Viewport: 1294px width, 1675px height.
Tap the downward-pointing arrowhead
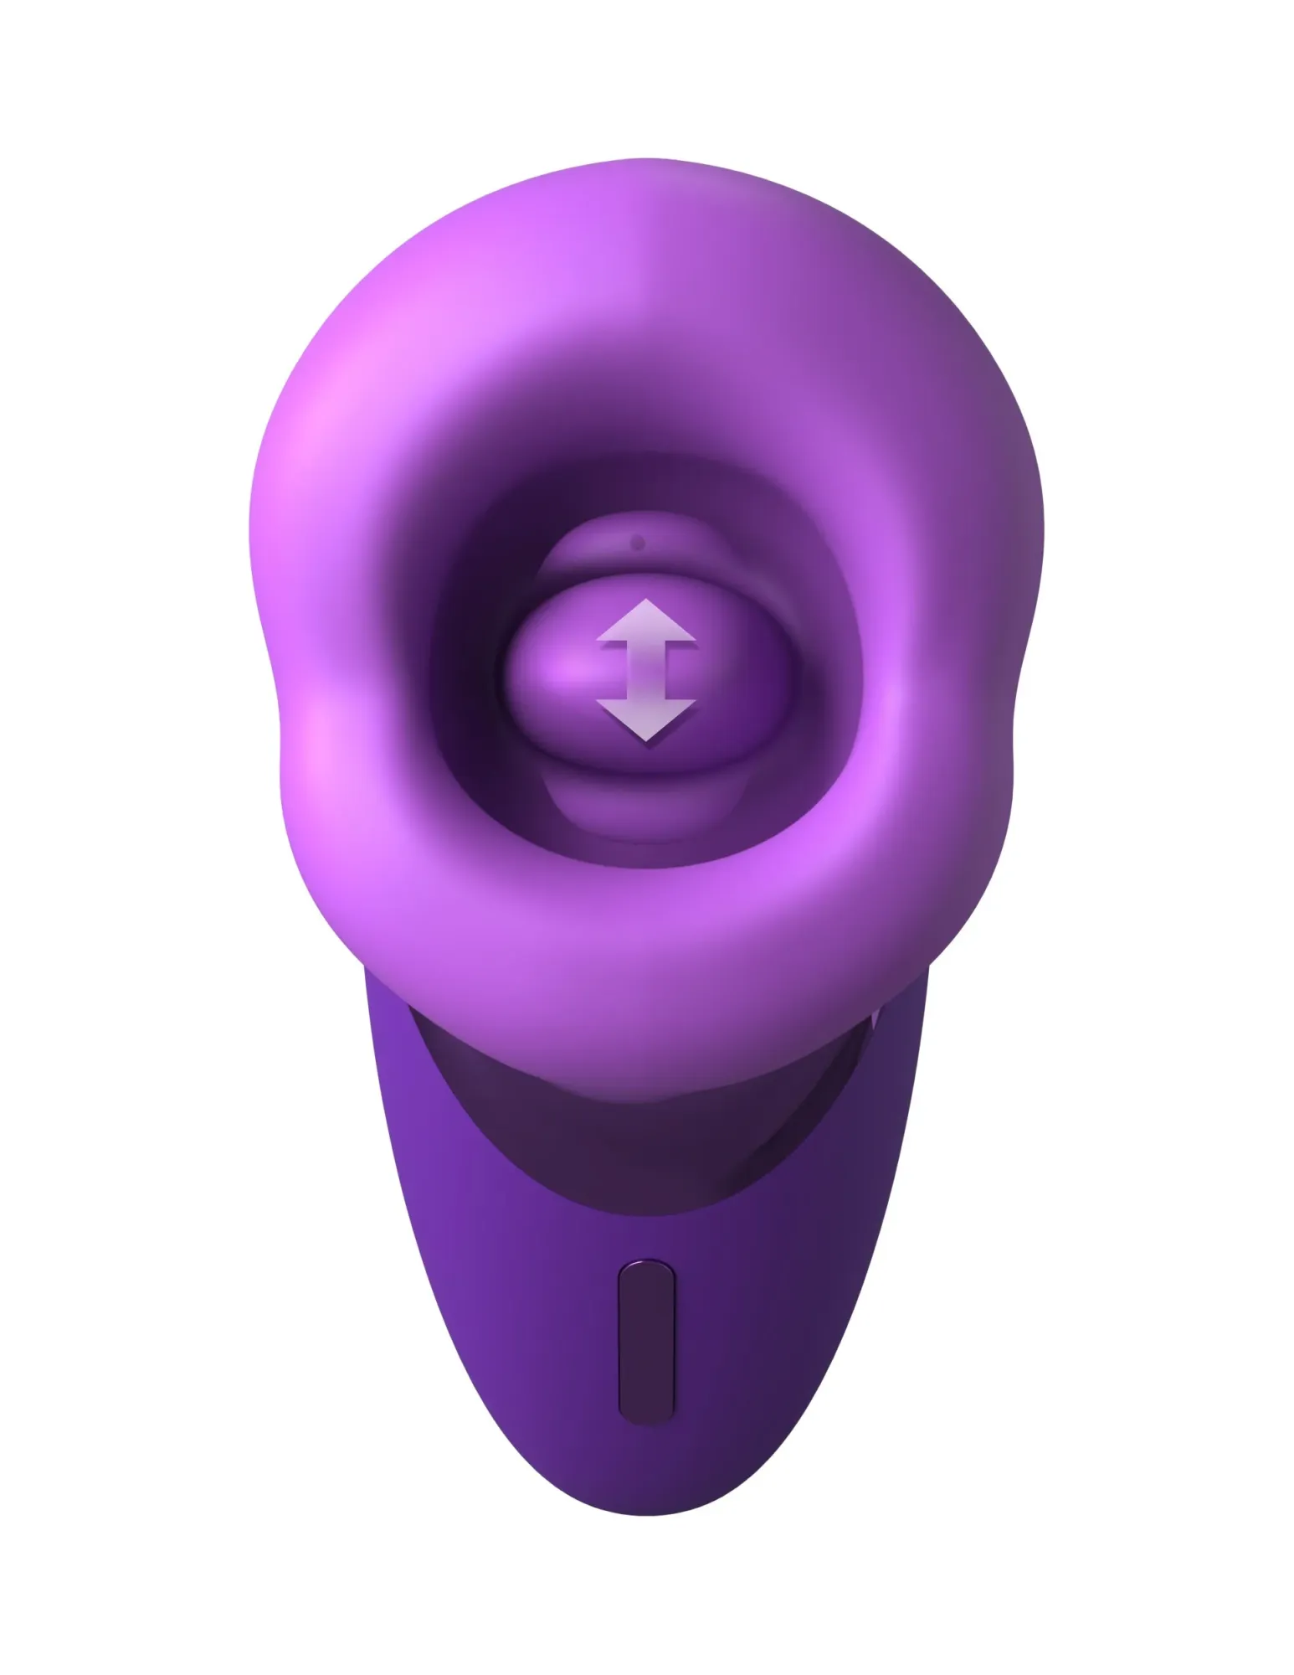[x=645, y=720]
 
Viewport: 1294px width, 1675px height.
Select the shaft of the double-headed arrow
[x=645, y=670]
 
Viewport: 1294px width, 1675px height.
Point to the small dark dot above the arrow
[x=638, y=544]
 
